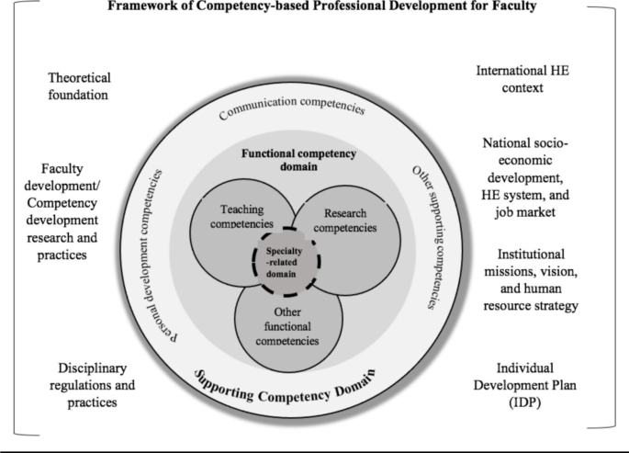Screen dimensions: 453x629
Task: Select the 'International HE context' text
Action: tap(525, 78)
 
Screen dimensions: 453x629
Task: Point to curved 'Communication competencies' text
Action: tap(291, 108)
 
